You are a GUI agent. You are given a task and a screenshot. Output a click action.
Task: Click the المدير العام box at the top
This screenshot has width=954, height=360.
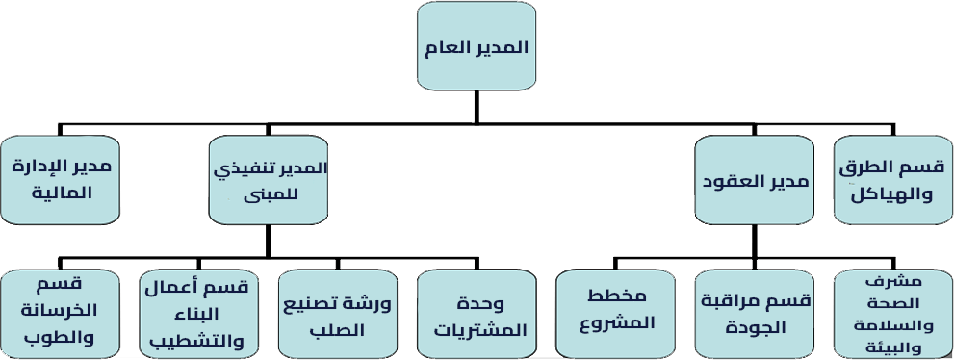click(x=477, y=46)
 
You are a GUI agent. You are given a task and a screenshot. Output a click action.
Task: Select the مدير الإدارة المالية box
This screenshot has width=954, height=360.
click(x=61, y=180)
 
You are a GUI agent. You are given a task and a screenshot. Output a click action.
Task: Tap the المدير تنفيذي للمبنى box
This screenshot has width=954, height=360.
click(x=269, y=180)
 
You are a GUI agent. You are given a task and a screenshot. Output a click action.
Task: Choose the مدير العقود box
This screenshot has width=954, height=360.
click(x=755, y=180)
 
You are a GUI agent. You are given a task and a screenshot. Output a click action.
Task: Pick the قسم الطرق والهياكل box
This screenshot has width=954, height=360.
click(x=893, y=180)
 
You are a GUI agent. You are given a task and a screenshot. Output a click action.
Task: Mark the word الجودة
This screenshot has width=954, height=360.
click(x=756, y=328)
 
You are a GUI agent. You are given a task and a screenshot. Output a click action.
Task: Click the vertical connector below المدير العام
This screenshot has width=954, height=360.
click(x=477, y=108)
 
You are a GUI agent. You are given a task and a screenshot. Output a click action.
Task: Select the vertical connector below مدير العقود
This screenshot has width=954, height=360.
click(x=755, y=242)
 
